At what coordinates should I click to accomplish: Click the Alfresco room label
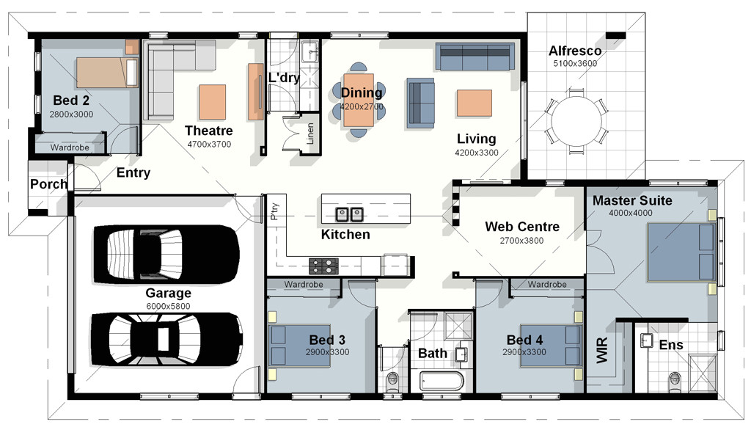point(575,51)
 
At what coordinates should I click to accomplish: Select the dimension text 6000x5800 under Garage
point(168,306)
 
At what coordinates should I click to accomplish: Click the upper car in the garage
point(166,255)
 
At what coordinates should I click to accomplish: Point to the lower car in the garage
point(166,340)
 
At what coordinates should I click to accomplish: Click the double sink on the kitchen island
point(348,214)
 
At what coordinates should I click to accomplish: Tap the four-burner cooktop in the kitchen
point(323,266)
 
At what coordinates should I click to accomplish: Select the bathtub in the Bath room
point(442,382)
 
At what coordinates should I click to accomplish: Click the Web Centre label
point(522,226)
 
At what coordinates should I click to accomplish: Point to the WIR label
point(602,350)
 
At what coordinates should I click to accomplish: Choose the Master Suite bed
point(681,252)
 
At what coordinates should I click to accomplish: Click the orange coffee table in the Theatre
point(212,101)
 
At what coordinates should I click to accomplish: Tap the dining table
point(358,100)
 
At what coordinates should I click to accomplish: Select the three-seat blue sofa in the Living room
point(475,57)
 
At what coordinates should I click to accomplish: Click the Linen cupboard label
point(310,134)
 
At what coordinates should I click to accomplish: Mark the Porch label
point(48,184)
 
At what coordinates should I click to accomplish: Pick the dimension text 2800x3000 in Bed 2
point(71,114)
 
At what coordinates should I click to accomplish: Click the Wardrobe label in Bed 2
point(70,147)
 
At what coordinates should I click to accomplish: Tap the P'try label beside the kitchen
point(275,211)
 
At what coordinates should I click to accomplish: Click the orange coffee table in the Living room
point(475,103)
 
